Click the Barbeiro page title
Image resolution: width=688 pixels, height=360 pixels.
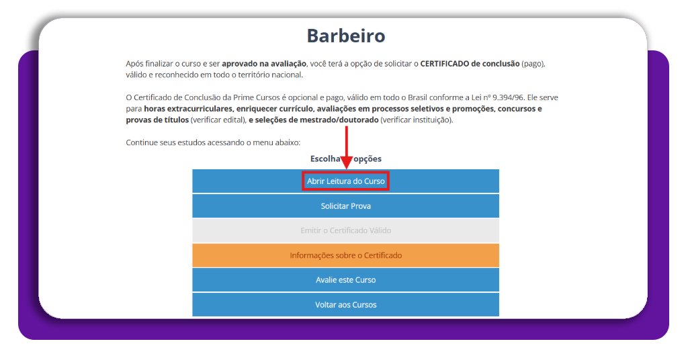tap(345, 36)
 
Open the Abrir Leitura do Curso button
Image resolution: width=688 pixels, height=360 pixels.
tap(345, 181)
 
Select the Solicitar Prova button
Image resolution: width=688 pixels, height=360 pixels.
tap(345, 206)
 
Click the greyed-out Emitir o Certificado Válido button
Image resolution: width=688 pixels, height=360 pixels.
tap(345, 230)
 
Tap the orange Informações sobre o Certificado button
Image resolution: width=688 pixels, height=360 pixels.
tap(345, 255)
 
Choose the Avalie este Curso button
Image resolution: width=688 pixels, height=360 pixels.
tap(345, 280)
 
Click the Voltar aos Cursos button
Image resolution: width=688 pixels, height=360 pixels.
tap(345, 305)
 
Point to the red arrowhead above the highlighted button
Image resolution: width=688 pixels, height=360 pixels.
tap(346, 163)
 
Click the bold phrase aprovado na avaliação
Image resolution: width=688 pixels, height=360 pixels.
tap(264, 63)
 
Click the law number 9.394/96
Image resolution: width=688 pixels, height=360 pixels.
tap(516, 97)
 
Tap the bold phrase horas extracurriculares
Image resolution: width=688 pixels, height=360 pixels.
tap(189, 109)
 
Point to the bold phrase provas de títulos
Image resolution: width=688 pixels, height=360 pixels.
tap(157, 120)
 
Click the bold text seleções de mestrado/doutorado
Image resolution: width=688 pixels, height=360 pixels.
tap(314, 120)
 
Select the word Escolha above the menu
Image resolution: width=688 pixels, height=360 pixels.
tap(325, 159)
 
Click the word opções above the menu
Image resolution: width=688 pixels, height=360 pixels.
tap(368, 159)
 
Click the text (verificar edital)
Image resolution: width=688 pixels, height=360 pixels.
tap(218, 120)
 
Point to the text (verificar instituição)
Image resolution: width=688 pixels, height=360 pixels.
tap(417, 120)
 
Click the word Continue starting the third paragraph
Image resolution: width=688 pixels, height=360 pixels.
tap(141, 142)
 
